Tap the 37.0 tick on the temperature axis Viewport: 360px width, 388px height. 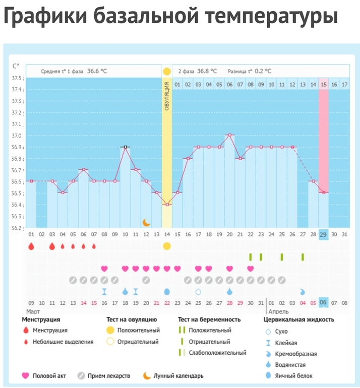pos(17,136)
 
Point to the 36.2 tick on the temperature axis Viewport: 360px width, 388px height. pos(17,228)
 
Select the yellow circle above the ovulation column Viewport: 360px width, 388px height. pos(167,71)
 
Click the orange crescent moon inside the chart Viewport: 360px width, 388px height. pos(146,222)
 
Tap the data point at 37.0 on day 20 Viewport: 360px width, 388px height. pos(229,135)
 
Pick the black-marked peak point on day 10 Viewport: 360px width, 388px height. pos(125,147)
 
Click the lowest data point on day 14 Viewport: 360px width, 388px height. pos(167,205)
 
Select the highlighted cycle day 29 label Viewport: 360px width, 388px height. pos(323,235)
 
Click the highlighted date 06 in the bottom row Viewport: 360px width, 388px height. pos(323,303)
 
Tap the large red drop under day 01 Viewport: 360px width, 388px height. pos(31,246)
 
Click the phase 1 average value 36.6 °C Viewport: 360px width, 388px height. pos(97,71)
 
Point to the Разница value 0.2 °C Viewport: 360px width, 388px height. pos(263,71)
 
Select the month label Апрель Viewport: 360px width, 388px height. pos(278,312)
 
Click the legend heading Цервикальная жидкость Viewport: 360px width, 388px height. pos(298,319)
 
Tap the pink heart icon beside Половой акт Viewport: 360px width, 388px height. pos(25,375)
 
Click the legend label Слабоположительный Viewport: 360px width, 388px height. pos(217,353)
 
